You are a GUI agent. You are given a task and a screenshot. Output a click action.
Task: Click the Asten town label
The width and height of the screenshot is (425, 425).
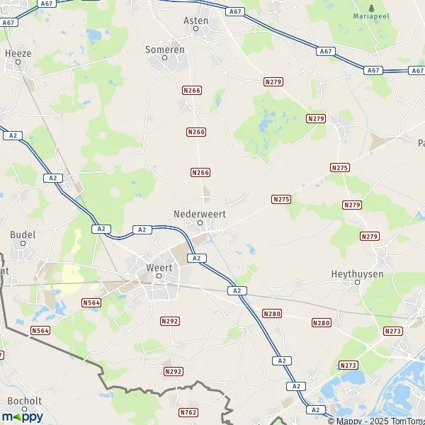coord(196,21)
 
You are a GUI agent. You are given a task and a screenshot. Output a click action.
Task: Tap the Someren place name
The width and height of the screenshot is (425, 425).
coord(165,50)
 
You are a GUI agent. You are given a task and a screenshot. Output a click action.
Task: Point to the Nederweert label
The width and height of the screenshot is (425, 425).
coord(199,213)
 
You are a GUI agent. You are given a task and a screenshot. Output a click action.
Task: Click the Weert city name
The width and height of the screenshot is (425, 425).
coord(159,268)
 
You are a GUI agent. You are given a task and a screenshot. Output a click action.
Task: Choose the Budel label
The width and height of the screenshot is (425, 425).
coord(23,234)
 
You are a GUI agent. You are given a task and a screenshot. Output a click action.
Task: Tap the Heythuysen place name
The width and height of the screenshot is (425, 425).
coord(356,273)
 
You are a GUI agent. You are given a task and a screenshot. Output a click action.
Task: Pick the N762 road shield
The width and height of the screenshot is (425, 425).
coord(188,412)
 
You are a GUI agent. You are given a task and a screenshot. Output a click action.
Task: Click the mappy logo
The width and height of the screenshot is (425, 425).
coord(22,416)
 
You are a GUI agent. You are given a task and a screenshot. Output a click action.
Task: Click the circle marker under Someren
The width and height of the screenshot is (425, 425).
coord(165,59)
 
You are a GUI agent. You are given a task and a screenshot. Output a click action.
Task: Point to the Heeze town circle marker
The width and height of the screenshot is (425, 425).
coord(18,63)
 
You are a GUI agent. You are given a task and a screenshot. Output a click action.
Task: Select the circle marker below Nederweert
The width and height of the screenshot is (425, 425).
coord(200,222)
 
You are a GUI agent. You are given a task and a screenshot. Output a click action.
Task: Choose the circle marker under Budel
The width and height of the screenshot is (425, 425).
coord(23,244)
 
